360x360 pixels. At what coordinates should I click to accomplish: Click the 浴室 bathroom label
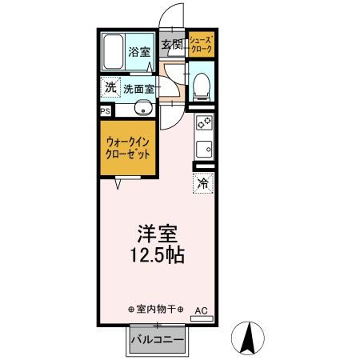140,51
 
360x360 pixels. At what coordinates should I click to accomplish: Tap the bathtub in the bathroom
114,52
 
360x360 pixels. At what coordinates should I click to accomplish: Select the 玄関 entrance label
172,45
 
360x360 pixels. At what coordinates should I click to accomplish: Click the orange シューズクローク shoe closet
201,45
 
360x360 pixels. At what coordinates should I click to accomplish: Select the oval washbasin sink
143,109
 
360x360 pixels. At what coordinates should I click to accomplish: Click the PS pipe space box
106,111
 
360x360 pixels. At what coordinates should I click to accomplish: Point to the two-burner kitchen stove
204,123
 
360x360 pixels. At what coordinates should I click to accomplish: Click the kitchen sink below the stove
203,148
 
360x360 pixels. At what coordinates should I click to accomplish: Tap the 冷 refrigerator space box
203,183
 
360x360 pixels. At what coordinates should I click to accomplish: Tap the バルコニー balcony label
158,340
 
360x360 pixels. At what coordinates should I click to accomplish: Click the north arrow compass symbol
249,338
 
